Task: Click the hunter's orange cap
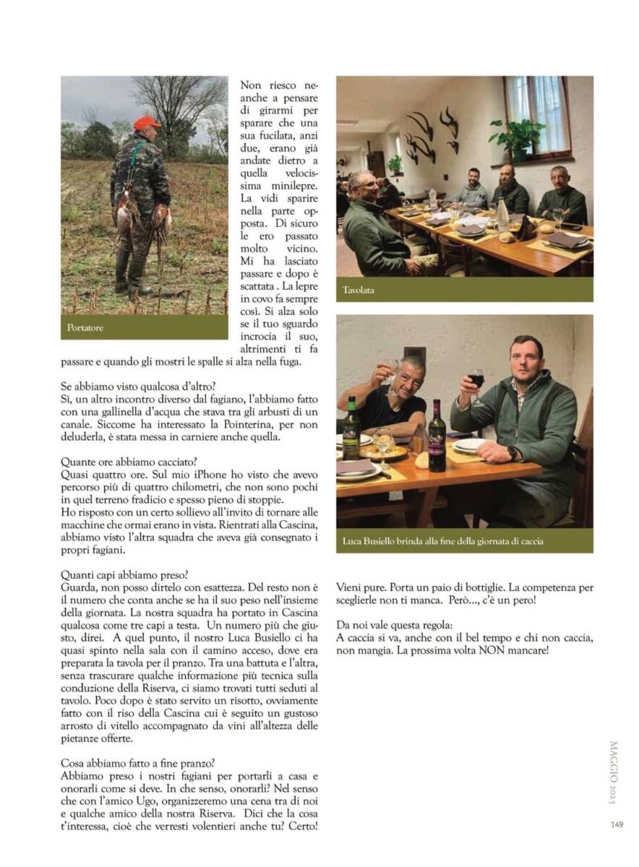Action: click(x=147, y=122)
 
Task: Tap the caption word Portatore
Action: click(x=85, y=328)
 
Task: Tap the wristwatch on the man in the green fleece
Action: click(x=513, y=454)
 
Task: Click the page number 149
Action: click(x=616, y=824)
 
